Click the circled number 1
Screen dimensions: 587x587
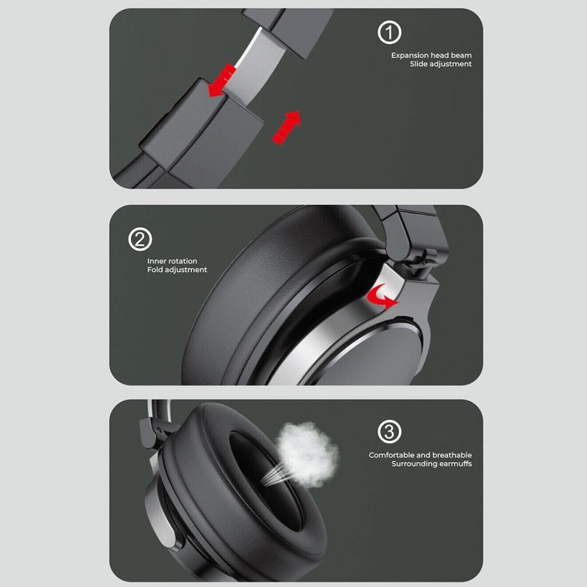click(389, 32)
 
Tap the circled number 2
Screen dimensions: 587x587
click(140, 239)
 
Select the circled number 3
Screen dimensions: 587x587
click(389, 431)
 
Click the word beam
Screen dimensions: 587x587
click(461, 55)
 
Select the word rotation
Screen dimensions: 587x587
click(183, 261)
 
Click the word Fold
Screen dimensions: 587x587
click(155, 269)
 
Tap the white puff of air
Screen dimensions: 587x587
click(307, 454)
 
